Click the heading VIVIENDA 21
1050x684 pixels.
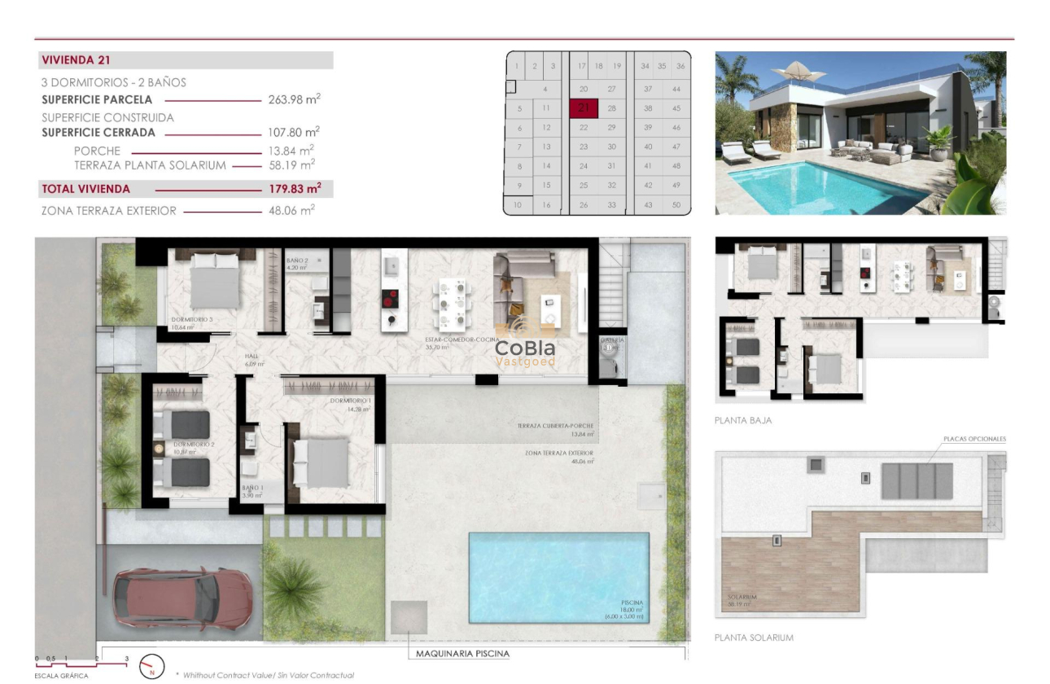(x=76, y=60)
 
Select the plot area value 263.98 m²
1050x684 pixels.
(x=294, y=99)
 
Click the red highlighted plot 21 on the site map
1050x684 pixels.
(x=584, y=108)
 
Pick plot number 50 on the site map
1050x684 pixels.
(x=676, y=204)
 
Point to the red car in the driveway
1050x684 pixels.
(x=182, y=598)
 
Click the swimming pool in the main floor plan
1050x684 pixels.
(x=558, y=576)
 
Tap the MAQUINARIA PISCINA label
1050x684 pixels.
(x=462, y=653)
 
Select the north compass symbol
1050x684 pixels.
(x=152, y=665)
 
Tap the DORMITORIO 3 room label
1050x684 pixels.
(x=192, y=320)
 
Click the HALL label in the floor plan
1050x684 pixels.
(x=252, y=357)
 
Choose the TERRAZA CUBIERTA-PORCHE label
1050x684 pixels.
(x=555, y=426)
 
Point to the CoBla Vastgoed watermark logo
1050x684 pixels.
(x=526, y=347)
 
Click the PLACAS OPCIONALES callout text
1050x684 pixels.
(x=974, y=439)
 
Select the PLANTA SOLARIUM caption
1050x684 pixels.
(x=754, y=638)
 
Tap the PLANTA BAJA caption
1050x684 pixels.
(x=743, y=421)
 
